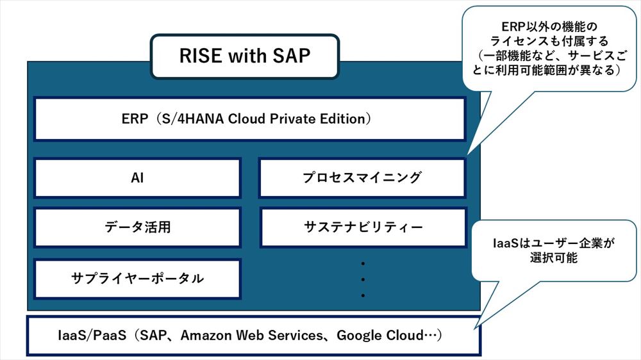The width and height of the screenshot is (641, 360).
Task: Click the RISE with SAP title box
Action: pos(244,56)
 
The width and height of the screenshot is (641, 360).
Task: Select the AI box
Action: pos(137,178)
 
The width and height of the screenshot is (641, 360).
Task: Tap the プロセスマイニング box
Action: pos(362,178)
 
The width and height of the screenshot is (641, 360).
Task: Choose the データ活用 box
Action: pos(137,227)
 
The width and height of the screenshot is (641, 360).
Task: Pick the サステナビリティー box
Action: pos(362,227)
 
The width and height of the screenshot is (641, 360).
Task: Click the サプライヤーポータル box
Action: pos(137,279)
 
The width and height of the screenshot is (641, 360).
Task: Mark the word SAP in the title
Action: pos(289,56)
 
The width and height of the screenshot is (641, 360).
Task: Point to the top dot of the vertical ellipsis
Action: pos(363,263)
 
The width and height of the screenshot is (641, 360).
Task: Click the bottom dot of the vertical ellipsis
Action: pos(363,295)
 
